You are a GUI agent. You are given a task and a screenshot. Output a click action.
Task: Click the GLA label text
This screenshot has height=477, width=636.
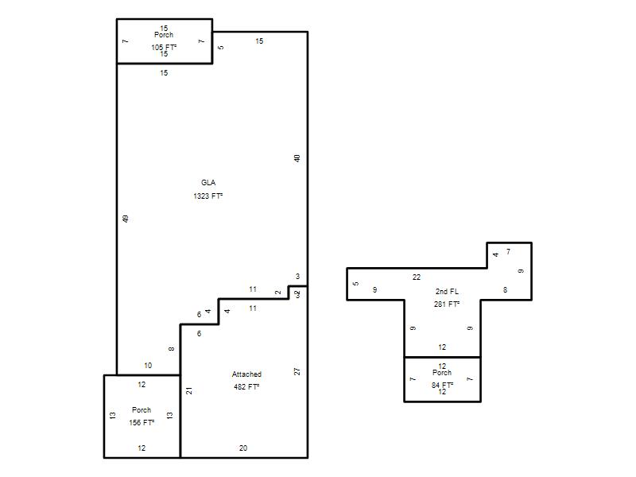click(208, 183)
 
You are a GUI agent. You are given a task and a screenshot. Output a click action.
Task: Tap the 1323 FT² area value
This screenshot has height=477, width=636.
click(208, 196)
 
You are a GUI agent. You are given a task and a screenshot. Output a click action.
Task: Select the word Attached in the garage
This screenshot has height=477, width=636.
click(246, 374)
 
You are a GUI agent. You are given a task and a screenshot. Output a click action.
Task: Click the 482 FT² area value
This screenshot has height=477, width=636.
click(246, 387)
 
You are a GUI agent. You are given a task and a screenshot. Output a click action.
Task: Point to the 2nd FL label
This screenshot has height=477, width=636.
click(447, 291)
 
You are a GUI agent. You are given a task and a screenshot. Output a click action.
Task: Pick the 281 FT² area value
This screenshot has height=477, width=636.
click(447, 304)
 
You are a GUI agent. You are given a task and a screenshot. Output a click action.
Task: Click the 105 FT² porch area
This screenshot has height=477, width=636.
click(164, 47)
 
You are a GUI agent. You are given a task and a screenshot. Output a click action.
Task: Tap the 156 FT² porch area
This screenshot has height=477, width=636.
click(142, 423)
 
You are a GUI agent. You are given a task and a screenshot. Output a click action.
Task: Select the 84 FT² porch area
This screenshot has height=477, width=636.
click(442, 385)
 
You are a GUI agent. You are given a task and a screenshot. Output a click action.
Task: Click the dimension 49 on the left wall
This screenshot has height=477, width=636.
click(126, 219)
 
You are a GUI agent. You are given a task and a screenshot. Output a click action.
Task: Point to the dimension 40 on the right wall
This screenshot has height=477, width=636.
click(297, 158)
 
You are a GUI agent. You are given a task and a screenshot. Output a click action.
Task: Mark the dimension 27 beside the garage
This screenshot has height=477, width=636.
click(297, 371)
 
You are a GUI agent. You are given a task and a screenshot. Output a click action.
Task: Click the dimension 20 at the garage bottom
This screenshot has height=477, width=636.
click(243, 448)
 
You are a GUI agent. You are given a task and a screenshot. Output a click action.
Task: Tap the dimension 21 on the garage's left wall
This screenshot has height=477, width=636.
click(189, 391)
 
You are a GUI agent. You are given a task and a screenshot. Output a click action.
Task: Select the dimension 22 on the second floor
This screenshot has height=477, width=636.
click(417, 277)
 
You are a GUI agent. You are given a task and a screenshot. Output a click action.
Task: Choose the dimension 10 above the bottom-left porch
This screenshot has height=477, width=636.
click(148, 366)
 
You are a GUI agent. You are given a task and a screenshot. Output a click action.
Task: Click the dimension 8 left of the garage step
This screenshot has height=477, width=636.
click(172, 349)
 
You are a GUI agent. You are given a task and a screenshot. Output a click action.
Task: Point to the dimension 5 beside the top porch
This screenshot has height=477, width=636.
click(221, 48)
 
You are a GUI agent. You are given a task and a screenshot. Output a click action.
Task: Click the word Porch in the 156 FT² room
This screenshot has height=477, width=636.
click(142, 409)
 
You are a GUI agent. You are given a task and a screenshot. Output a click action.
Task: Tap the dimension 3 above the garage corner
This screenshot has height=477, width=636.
click(297, 276)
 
